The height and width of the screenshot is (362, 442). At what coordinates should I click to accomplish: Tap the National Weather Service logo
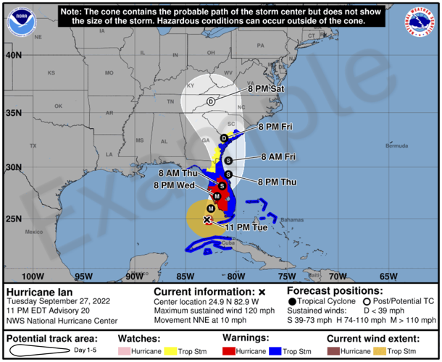pos(421,22)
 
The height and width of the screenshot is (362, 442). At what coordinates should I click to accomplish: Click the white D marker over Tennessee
pos(211,101)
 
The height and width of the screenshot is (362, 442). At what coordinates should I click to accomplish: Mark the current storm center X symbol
pos(207,219)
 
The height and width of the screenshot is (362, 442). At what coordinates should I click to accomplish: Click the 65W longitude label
pos(388,276)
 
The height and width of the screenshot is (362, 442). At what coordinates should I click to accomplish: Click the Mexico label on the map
pos(33,232)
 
